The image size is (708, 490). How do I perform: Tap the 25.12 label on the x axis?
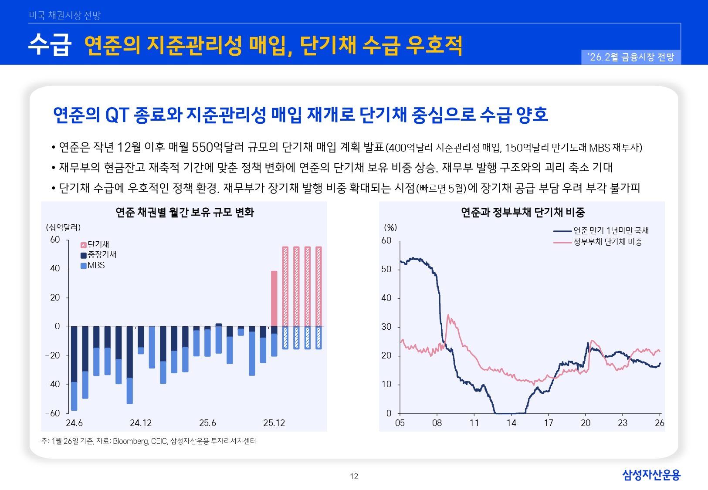274,423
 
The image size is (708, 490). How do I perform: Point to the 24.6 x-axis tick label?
74,423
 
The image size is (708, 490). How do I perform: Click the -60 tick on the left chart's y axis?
53,413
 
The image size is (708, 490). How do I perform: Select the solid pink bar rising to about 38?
274,298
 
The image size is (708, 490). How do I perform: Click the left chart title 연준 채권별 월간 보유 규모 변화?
184,212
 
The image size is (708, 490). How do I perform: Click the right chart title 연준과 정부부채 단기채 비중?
522,212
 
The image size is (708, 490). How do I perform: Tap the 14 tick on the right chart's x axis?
511,423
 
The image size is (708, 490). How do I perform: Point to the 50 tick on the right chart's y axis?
386,269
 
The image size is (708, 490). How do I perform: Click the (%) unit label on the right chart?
390,227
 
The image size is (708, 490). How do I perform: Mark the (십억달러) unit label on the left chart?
64,227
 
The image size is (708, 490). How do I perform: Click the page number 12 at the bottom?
354,476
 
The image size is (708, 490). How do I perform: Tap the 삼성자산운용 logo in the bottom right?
651,475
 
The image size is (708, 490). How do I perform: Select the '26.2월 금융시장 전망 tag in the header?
630,57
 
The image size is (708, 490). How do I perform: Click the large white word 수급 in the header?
50,45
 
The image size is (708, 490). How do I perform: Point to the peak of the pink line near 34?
448,315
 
